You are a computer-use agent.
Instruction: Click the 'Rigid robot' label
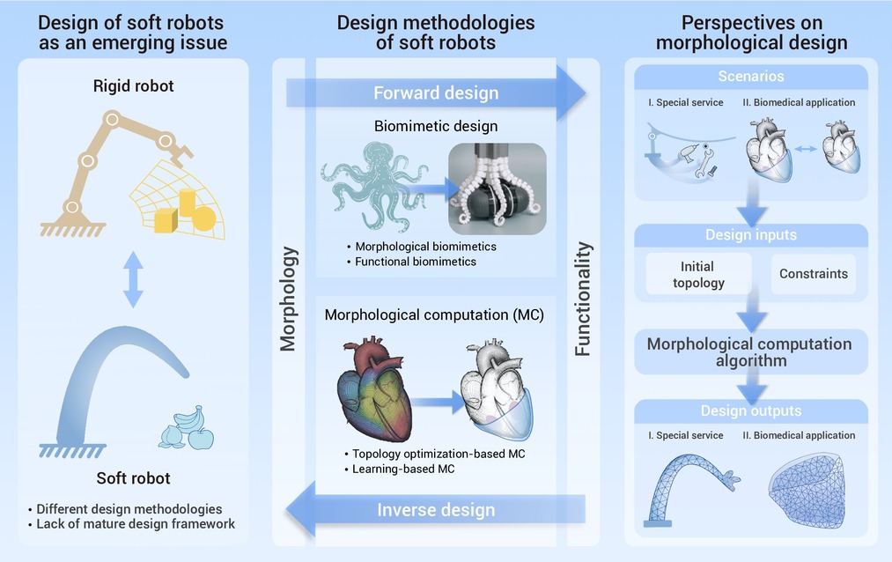pyautogui.click(x=133, y=85)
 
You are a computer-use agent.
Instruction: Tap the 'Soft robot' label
pyautogui.click(x=133, y=479)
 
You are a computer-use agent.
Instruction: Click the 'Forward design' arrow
pyautogui.click(x=436, y=92)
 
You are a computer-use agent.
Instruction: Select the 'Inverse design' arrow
pyautogui.click(x=436, y=510)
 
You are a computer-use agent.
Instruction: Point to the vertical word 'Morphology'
pyautogui.click(x=288, y=299)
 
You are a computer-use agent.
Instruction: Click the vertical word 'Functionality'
pyautogui.click(x=583, y=299)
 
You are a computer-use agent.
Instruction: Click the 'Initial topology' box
pyautogui.click(x=697, y=274)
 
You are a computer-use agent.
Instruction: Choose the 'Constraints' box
pyautogui.click(x=813, y=274)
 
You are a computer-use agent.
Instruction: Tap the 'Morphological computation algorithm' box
pyautogui.click(x=749, y=351)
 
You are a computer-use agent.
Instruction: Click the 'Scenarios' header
pyautogui.click(x=750, y=77)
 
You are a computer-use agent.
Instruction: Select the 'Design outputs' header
pyautogui.click(x=750, y=410)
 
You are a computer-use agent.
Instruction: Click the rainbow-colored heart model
pyautogui.click(x=373, y=391)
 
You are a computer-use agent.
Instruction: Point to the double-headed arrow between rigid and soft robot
pyautogui.click(x=133, y=277)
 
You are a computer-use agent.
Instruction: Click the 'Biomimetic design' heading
pyautogui.click(x=436, y=126)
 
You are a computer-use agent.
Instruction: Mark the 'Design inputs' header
pyautogui.click(x=750, y=234)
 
